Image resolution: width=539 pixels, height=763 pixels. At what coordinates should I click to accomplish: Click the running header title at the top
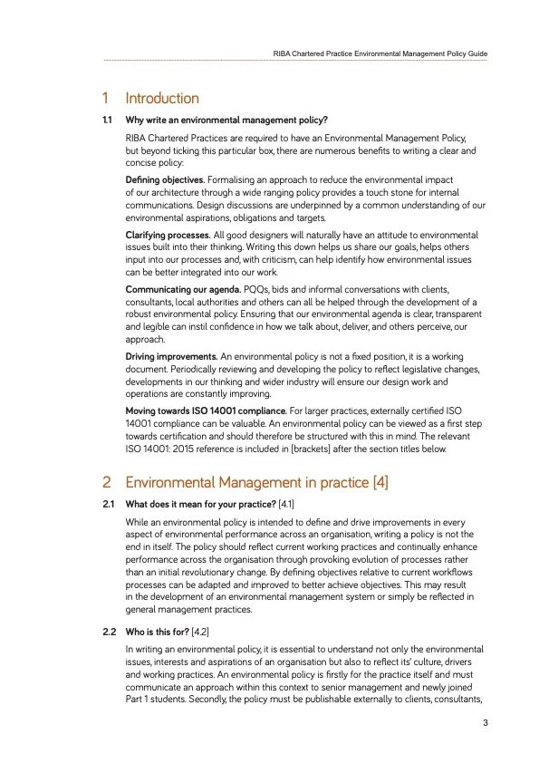tap(380, 54)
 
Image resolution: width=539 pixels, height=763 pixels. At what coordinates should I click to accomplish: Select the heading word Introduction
tap(162, 98)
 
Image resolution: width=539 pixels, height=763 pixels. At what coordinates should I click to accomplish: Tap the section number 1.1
tap(107, 120)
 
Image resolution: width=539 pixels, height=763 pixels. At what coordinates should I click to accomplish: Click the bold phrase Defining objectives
tap(165, 180)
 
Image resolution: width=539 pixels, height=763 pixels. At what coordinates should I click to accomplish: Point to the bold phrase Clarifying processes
tap(168, 235)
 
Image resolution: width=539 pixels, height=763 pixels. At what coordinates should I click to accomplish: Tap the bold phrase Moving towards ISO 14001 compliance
tap(206, 410)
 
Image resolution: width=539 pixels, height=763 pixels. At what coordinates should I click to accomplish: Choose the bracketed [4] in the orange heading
tap(380, 482)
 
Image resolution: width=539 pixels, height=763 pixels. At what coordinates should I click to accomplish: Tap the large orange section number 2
tap(107, 482)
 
